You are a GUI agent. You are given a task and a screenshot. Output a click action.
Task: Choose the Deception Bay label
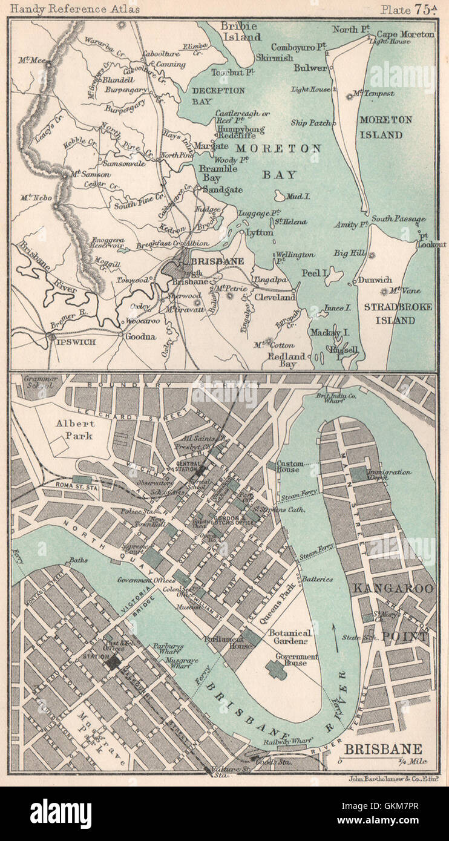pos(210,96)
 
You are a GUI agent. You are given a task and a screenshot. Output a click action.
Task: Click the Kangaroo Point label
pos(393,611)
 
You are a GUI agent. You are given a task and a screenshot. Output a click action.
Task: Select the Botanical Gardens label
pos(290,637)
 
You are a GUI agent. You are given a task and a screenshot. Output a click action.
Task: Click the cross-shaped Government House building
pos(276,669)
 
